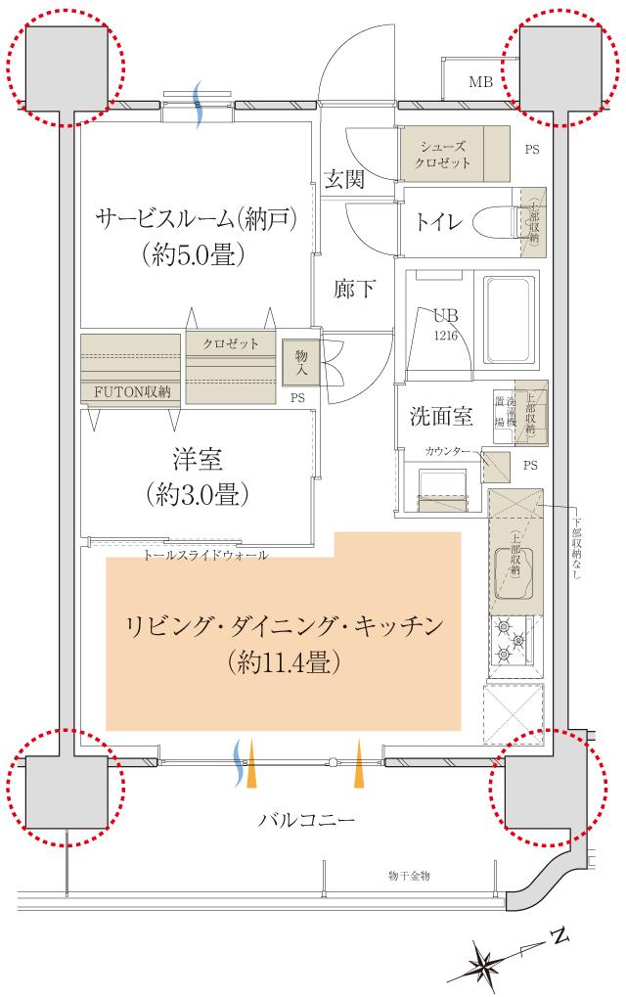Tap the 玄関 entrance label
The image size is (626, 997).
[x=344, y=179]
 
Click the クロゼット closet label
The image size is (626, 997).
[x=231, y=343]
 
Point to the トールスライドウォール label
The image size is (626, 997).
[x=205, y=555]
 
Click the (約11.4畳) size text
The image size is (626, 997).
[x=283, y=664]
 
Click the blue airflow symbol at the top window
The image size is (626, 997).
[x=199, y=105]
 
